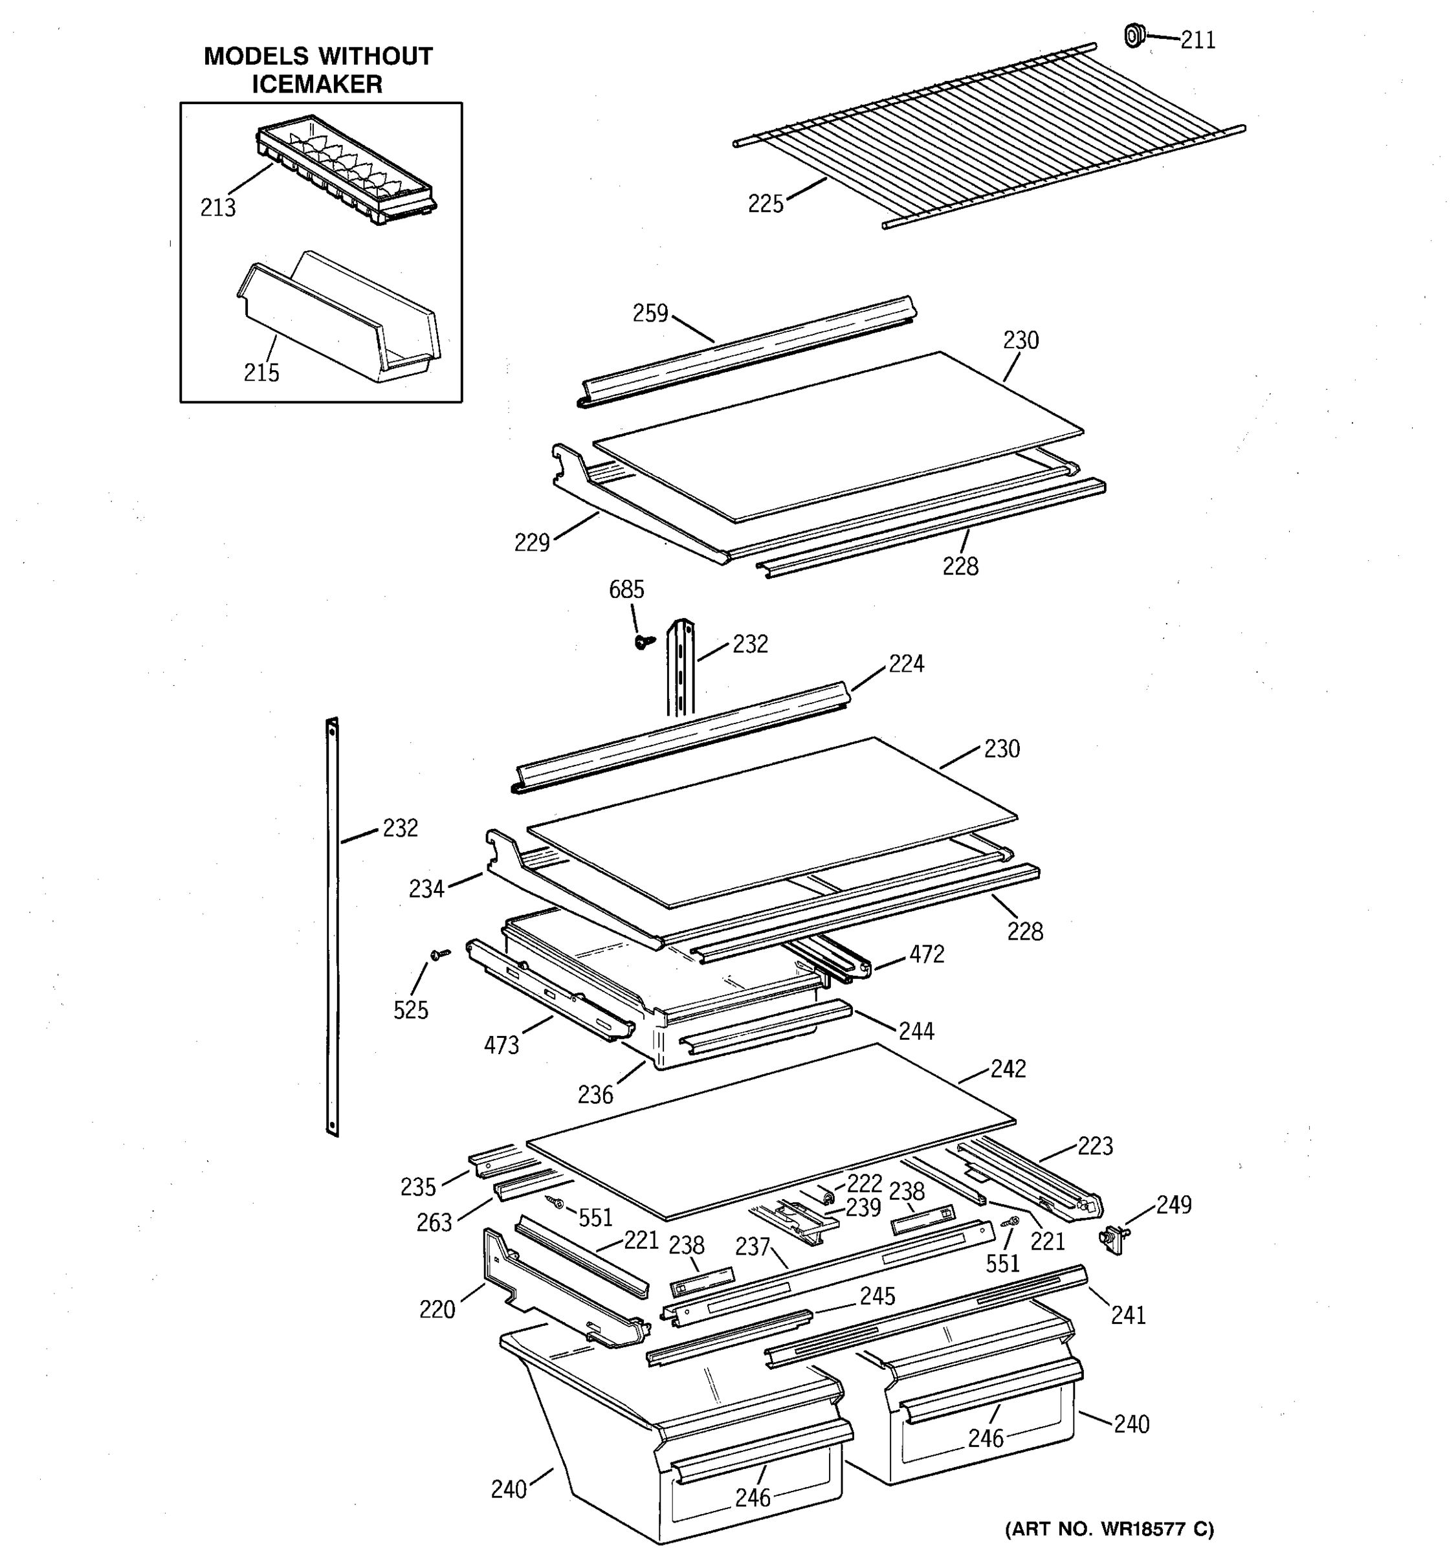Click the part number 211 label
[x=1197, y=40]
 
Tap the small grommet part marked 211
[x=1133, y=35]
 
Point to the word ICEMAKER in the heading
[x=317, y=84]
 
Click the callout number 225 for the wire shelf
[x=765, y=204]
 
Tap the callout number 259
[x=650, y=313]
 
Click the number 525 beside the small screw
[x=410, y=1010]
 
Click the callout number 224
[x=905, y=664]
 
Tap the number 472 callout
[x=927, y=954]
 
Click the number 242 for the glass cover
[x=1008, y=1069]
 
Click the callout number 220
[x=437, y=1309]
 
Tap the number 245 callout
[x=877, y=1296]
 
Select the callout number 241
[x=1128, y=1315]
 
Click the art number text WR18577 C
[x=1109, y=1528]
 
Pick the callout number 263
[x=434, y=1222]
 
